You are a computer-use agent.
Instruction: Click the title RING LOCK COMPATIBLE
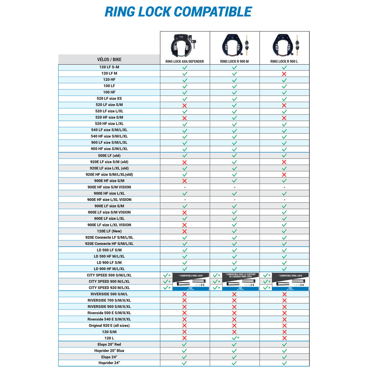point(178,12)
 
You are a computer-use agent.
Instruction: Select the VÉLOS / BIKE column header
point(109,60)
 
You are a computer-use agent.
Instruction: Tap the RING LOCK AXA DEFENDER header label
point(185,61)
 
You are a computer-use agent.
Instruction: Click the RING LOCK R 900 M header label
point(234,61)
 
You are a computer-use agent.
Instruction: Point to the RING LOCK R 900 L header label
point(284,61)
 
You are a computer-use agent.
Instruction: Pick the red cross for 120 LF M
point(284,73)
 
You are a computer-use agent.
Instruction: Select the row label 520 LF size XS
point(109,98)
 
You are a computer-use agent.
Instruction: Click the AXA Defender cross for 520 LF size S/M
point(185,105)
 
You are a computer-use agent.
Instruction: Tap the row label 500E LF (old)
point(109,156)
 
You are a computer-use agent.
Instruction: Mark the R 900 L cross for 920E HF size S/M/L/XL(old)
point(284,174)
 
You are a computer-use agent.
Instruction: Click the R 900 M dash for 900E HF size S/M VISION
point(234,187)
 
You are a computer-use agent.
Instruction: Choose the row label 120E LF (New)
point(109,231)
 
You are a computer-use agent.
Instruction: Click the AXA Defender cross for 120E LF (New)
point(185,231)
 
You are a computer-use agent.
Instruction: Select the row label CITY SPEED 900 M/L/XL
point(109,281)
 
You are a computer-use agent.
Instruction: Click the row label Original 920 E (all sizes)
point(109,326)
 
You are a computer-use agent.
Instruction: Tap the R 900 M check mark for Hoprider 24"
point(234,363)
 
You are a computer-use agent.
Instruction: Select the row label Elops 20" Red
point(109,344)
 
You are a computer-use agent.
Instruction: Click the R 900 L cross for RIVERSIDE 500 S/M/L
point(284,294)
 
